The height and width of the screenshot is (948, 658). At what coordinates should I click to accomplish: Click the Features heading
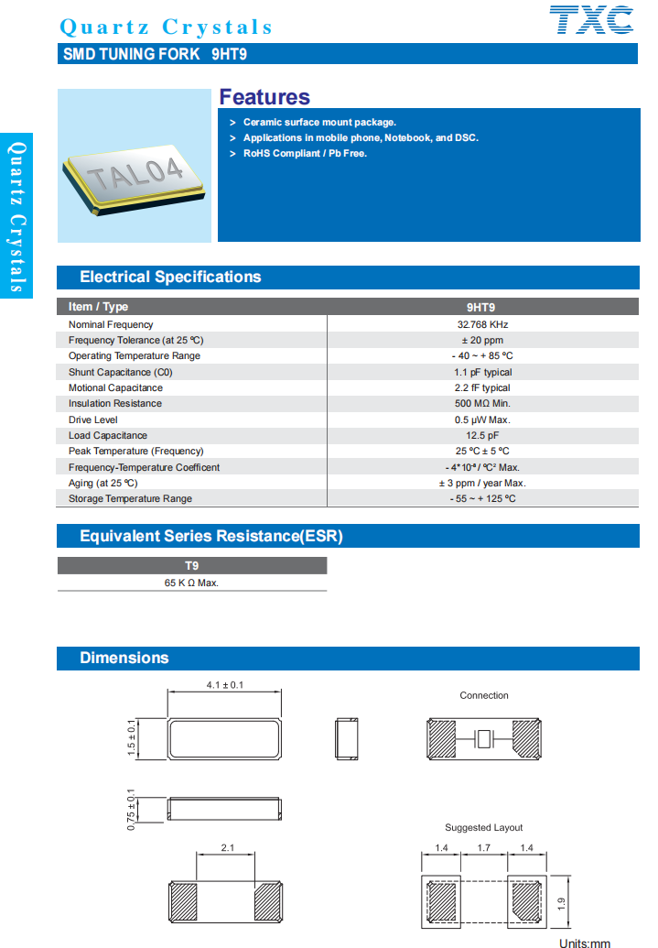pos(264,97)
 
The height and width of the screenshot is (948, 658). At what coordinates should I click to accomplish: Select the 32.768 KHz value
pos(482,324)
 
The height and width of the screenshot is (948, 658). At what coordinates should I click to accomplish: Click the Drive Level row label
pos(93,420)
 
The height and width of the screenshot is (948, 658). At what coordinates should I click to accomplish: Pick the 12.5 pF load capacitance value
pos(482,435)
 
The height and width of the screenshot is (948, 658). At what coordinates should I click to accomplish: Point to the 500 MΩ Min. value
pos(482,403)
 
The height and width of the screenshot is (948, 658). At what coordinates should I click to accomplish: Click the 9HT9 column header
pos(482,307)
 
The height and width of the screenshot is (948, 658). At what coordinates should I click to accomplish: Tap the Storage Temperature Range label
pos(130,498)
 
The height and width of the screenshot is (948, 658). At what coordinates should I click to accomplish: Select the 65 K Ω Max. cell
pos(191,583)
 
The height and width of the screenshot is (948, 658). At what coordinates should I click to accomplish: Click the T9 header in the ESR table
pos(191,566)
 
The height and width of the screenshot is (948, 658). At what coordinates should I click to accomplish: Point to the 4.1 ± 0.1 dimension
pos(224,685)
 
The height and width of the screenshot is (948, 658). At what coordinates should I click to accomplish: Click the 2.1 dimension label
pos(227,848)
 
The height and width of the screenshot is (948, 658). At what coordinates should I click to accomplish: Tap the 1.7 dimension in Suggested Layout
pos(484,848)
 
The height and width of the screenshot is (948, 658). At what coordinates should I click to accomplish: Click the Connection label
pos(484,695)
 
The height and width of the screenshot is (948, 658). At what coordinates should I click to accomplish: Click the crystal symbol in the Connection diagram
pos(484,738)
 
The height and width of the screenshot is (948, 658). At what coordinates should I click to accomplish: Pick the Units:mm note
pos(585,943)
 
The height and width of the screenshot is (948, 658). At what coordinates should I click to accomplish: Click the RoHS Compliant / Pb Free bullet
pos(305,153)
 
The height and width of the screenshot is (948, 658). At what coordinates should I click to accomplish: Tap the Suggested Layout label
pos(484,827)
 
